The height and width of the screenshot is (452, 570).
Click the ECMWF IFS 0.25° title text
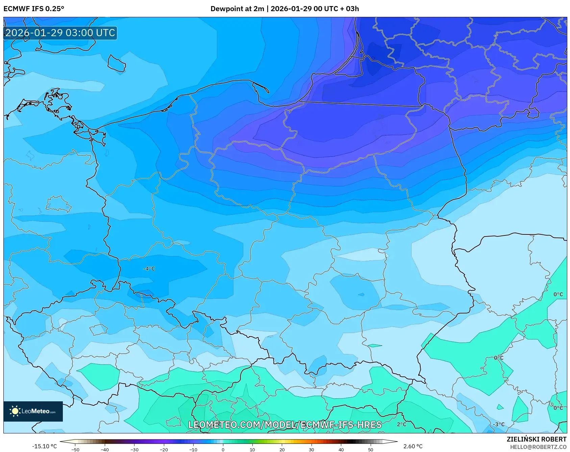33,9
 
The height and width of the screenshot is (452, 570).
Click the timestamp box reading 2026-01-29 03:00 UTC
60,33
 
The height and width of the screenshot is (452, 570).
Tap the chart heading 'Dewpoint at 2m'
237,9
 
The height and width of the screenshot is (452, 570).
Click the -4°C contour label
149,269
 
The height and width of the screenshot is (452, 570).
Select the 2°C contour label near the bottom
401,424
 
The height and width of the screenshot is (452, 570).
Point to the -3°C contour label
498,424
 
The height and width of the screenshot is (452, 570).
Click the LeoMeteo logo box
33,411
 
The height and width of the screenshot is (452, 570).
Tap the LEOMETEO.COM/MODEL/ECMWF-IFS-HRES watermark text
285,425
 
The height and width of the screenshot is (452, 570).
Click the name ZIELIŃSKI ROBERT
536,439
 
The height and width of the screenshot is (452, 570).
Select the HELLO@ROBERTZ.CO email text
538,447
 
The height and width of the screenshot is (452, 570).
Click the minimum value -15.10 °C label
44,446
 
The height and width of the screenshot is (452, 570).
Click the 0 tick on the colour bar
223,450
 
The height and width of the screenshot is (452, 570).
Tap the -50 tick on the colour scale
75,450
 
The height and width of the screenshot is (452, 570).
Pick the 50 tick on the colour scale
371,450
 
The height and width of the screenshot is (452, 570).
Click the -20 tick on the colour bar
164,450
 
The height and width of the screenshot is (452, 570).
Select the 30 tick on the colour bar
311,450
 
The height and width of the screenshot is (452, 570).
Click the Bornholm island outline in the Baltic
117,64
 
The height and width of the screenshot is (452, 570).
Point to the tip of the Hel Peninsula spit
268,92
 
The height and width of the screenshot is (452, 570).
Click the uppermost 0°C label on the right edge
558,294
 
